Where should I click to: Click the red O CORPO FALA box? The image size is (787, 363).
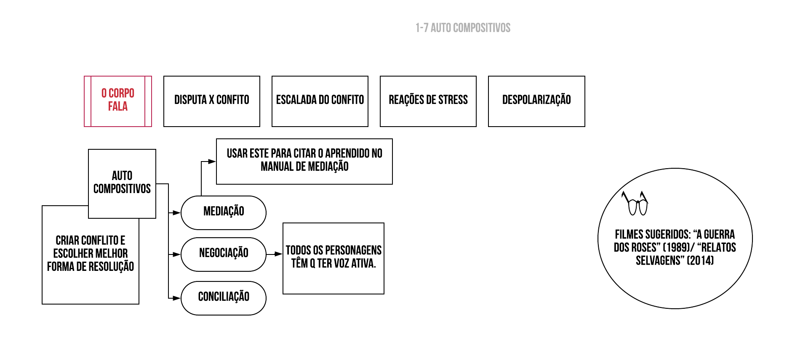(x=118, y=101)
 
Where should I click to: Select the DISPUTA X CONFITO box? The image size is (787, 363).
(x=211, y=101)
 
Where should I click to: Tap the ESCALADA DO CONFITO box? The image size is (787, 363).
(x=320, y=101)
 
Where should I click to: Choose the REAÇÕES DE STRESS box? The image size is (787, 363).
(x=428, y=101)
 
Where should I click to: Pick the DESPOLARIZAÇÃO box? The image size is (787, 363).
(x=536, y=101)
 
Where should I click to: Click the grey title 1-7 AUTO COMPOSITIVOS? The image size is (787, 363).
(x=463, y=28)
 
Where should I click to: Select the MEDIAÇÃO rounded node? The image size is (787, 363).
(x=224, y=212)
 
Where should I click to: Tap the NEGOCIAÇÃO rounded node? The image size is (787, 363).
(x=224, y=254)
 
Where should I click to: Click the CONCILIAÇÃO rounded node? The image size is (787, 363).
(x=224, y=298)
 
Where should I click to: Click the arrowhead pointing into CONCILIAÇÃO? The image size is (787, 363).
(x=177, y=298)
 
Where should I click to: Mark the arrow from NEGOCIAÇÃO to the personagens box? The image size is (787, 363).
(x=274, y=254)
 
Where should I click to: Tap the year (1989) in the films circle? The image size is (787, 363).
(x=677, y=248)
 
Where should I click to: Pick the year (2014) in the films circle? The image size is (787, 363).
(x=700, y=261)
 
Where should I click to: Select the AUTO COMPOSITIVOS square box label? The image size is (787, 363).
(x=122, y=183)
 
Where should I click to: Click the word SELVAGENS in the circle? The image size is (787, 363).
(x=658, y=261)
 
